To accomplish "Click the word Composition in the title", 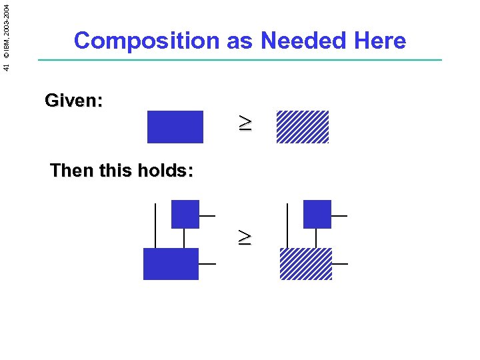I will point(147,41).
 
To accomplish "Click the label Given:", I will point(73,101).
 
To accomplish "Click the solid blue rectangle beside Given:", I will point(175,127).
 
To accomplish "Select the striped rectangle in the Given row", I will point(303,127).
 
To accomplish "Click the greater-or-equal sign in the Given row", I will point(245,123).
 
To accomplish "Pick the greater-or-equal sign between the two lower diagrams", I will point(245,237).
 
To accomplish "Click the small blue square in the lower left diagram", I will point(185,214).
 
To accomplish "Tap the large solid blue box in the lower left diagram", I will point(171,263).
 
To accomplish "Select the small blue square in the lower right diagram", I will point(317,214).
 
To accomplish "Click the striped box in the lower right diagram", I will point(306,263).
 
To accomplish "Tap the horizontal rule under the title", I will point(240,61).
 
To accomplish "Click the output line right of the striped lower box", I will point(340,264).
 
